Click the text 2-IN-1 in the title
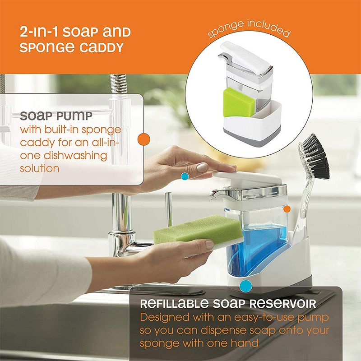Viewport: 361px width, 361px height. [39, 32]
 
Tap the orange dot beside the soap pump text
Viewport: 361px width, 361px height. [143, 139]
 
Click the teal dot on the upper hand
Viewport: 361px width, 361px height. [184, 176]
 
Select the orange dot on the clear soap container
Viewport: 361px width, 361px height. [287, 208]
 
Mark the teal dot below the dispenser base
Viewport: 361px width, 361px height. [245, 285]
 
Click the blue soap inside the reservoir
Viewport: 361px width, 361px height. [266, 246]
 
